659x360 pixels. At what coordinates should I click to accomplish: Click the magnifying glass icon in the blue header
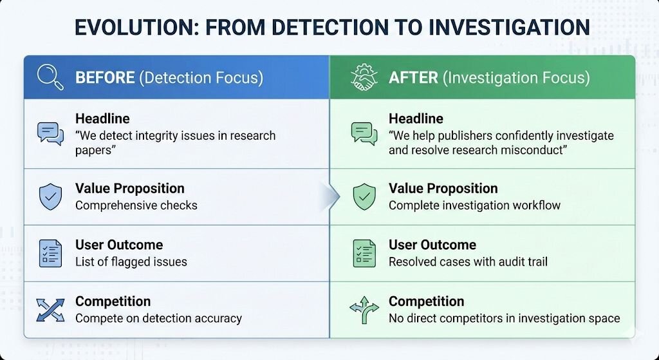click(x=50, y=77)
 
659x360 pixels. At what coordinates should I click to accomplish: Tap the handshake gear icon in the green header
click(x=364, y=77)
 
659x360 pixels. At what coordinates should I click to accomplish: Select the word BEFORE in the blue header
click(x=105, y=78)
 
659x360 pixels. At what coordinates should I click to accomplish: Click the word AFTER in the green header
click(x=413, y=78)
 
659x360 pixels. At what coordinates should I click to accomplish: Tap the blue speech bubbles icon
click(x=50, y=134)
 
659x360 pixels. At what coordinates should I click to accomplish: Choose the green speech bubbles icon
click(x=364, y=134)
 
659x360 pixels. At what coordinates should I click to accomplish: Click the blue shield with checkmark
click(x=50, y=196)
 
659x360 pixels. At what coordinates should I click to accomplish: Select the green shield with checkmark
click(x=364, y=196)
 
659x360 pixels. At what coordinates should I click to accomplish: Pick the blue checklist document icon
click(x=50, y=253)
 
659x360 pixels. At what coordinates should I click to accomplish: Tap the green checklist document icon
click(x=364, y=253)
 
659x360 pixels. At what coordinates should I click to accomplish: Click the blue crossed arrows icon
click(x=50, y=310)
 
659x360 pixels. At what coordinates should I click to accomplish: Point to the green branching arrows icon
click(x=364, y=310)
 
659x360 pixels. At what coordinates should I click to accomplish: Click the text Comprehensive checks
click(x=136, y=205)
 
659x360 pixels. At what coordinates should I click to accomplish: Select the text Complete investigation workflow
click(x=474, y=205)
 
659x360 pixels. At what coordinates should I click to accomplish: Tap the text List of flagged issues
click(x=131, y=261)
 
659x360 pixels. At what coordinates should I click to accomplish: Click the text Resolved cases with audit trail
click(x=469, y=261)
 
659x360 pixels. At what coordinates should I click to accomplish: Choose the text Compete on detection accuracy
click(x=158, y=318)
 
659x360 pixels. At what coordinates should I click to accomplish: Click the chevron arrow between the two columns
click(x=333, y=196)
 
